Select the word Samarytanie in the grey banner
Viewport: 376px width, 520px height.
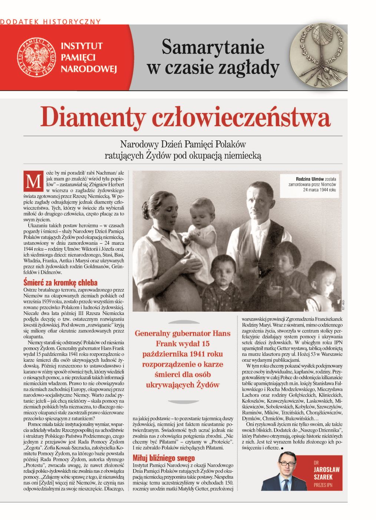click(213, 47)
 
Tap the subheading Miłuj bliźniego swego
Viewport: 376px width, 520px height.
click(164, 458)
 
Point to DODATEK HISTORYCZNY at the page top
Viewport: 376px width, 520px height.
click(50, 22)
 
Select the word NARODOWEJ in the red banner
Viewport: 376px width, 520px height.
click(89, 69)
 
